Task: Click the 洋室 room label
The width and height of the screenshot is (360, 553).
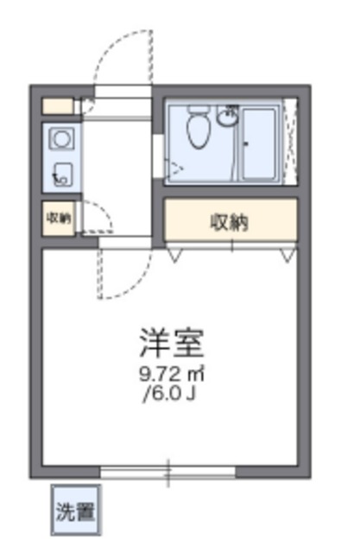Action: [x=171, y=343]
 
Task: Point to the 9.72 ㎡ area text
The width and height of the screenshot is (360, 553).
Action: [x=172, y=376]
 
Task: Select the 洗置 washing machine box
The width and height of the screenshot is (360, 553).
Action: [x=75, y=509]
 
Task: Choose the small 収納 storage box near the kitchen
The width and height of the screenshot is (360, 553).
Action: [x=59, y=218]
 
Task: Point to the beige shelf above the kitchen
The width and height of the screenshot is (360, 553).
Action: [x=58, y=106]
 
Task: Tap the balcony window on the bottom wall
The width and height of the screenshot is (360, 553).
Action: [x=167, y=471]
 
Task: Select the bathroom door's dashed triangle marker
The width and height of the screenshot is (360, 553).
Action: [x=175, y=169]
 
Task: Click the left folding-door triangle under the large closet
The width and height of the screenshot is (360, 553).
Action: [x=175, y=252]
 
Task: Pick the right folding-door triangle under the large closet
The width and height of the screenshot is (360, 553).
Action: [x=287, y=252]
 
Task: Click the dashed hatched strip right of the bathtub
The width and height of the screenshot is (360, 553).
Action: [x=291, y=142]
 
